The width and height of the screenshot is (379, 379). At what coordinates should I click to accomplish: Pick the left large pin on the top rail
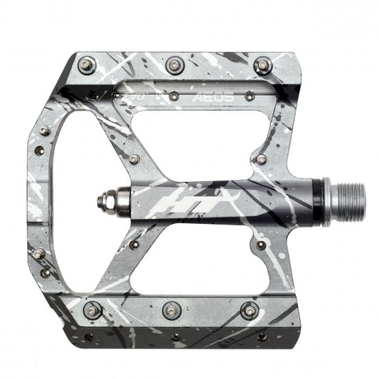[87, 65]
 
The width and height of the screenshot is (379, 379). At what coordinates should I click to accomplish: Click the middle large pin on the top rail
[174, 65]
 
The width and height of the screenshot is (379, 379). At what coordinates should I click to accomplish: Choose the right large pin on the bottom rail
[250, 310]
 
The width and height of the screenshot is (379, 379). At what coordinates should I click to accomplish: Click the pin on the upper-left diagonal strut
[134, 159]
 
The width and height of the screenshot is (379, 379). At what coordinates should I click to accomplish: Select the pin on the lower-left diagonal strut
[133, 245]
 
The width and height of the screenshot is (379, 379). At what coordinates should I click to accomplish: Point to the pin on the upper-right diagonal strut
[261, 158]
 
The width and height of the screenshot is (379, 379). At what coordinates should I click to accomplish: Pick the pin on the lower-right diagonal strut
[261, 245]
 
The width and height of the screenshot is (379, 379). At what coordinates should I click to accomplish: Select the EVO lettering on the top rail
[139, 93]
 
